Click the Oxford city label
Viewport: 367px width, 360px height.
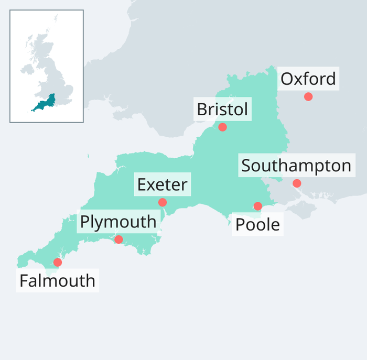pyautogui.click(x=308, y=79)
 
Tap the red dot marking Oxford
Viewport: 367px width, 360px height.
pyautogui.click(x=308, y=96)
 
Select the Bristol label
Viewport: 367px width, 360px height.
pyautogui.click(x=222, y=110)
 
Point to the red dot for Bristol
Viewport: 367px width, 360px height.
pyautogui.click(x=222, y=127)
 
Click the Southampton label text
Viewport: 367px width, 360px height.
pyautogui.click(x=296, y=166)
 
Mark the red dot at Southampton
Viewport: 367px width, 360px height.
pyautogui.click(x=297, y=183)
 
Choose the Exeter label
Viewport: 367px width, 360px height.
pyautogui.click(x=162, y=184)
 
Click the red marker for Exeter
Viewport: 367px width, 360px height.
pyautogui.click(x=163, y=202)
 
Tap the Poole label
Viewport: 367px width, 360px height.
pyautogui.click(x=257, y=225)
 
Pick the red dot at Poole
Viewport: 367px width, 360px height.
pyautogui.click(x=257, y=206)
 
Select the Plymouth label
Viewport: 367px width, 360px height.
pyautogui.click(x=118, y=222)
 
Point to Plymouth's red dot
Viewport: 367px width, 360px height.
pyautogui.click(x=118, y=239)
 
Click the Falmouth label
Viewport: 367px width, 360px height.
pyautogui.click(x=57, y=281)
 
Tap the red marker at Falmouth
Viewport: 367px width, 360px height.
pyautogui.click(x=58, y=262)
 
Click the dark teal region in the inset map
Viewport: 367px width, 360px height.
pyautogui.click(x=45, y=104)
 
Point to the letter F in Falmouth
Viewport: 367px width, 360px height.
pyautogui.click(x=24, y=281)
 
